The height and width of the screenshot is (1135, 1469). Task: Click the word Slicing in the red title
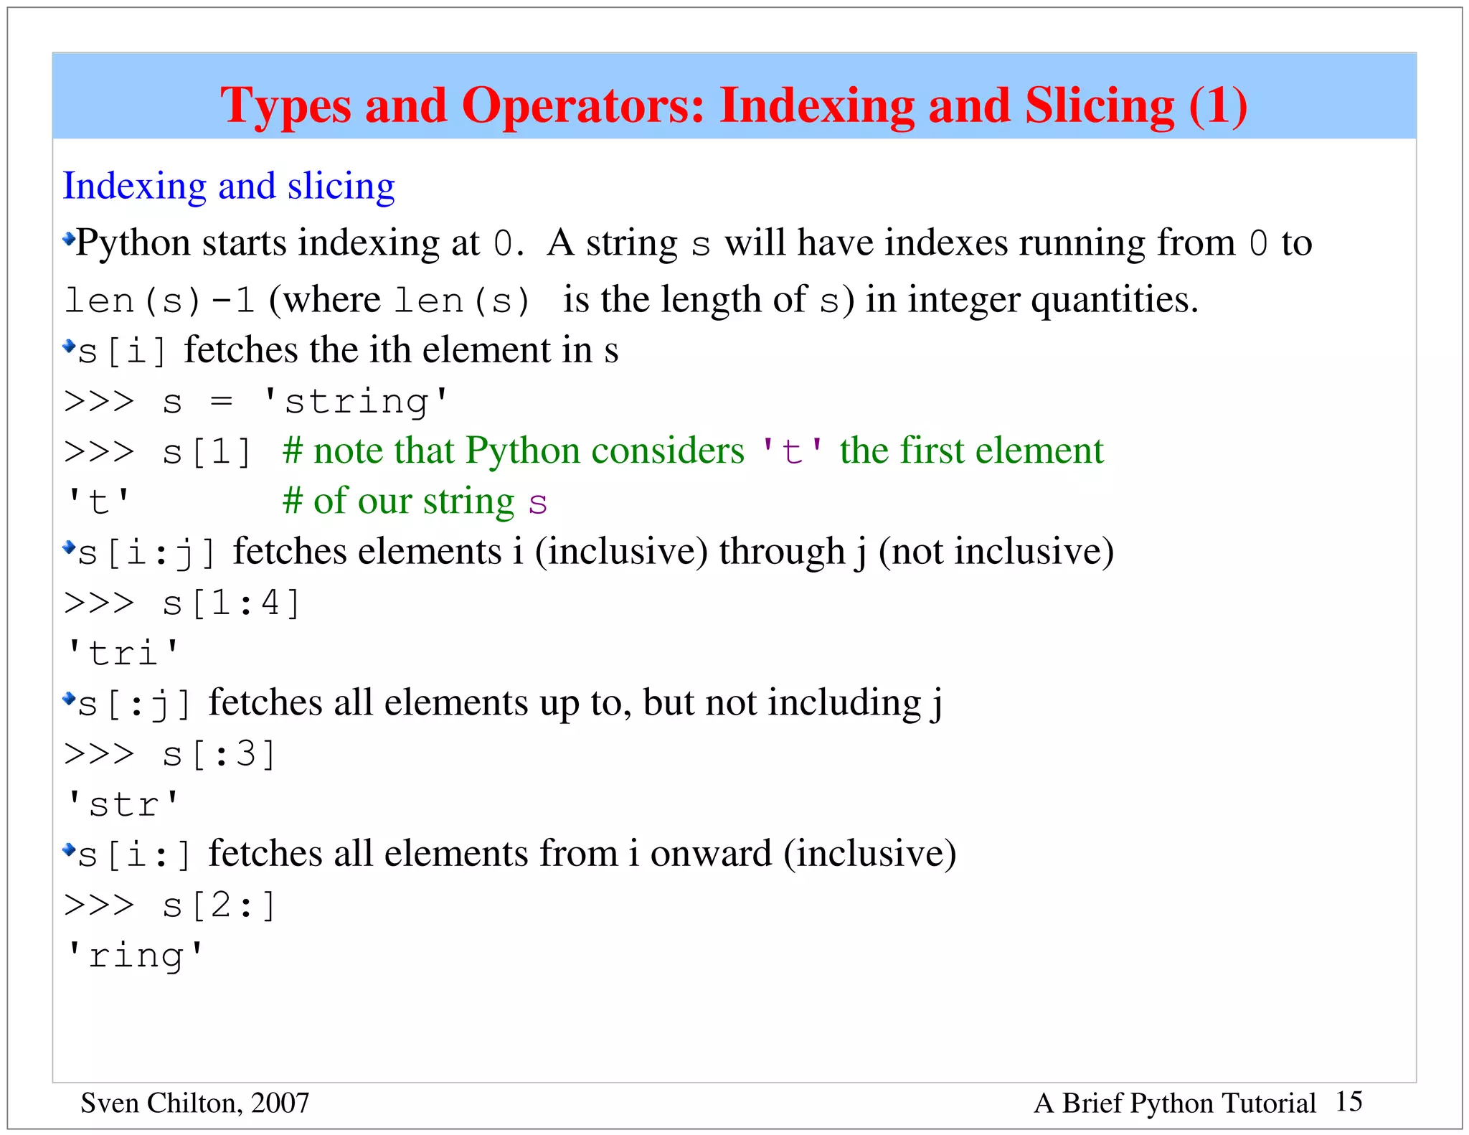pyautogui.click(x=1100, y=105)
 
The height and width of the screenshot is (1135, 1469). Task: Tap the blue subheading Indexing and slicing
pyautogui.click(x=229, y=186)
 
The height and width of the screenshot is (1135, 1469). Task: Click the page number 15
pyautogui.click(x=1348, y=1101)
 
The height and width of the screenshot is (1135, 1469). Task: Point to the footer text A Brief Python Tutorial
pyautogui.click(x=1174, y=1103)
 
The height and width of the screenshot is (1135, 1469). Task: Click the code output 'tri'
pyautogui.click(x=122, y=653)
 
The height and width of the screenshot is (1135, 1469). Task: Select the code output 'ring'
pyautogui.click(x=135, y=956)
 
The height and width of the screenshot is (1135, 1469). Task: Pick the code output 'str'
pyautogui.click(x=122, y=804)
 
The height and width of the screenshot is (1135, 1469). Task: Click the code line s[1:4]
pyautogui.click(x=230, y=603)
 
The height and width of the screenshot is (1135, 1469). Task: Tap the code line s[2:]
pyautogui.click(x=219, y=905)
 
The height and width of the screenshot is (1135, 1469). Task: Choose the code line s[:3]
pyautogui.click(x=219, y=754)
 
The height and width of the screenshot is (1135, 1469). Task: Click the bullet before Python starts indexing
pyautogui.click(x=69, y=238)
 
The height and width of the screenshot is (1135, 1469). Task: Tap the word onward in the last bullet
pyautogui.click(x=710, y=854)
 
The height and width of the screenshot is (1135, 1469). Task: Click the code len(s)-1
pyautogui.click(x=159, y=300)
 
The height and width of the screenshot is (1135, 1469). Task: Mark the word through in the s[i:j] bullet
pyautogui.click(x=782, y=552)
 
